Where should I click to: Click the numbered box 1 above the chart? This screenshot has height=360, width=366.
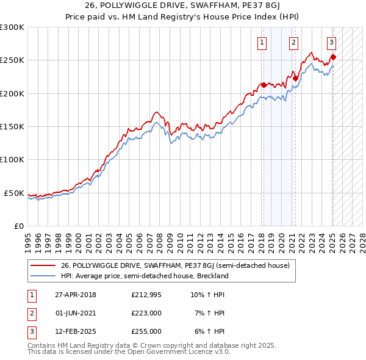262,42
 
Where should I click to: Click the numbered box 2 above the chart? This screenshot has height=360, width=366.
293,42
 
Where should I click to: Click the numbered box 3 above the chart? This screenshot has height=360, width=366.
331,42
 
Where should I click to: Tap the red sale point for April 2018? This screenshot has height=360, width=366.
264,85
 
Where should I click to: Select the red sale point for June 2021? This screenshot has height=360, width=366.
295,78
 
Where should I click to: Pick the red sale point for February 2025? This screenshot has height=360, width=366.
333,57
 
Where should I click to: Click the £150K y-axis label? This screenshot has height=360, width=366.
12,127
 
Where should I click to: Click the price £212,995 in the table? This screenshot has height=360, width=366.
146,295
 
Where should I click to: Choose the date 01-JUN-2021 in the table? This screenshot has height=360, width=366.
76,313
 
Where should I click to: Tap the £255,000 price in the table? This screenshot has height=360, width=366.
146,331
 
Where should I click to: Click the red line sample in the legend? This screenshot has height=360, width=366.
43,265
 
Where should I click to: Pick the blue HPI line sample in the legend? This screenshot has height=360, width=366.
43,276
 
